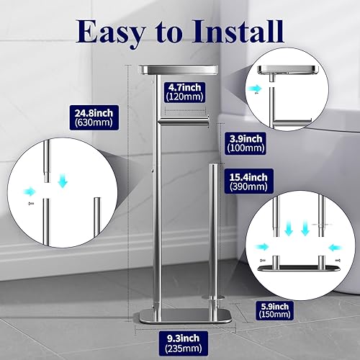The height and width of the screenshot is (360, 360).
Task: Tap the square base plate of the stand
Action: tap(181, 316)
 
